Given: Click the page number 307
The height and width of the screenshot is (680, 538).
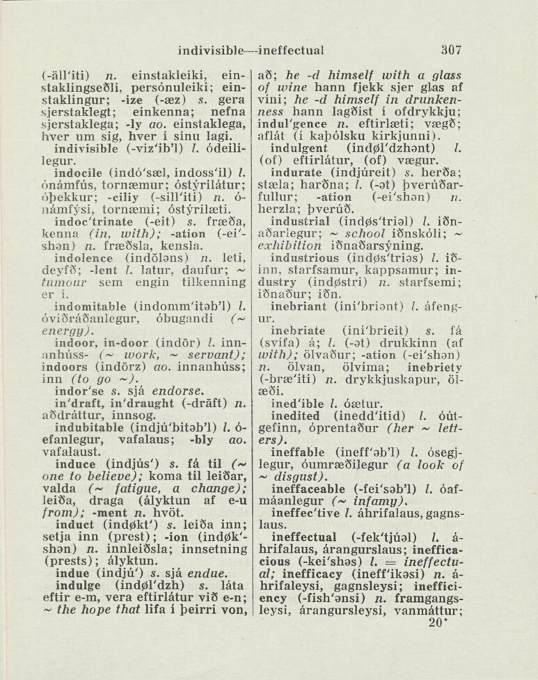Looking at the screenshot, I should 450,50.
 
